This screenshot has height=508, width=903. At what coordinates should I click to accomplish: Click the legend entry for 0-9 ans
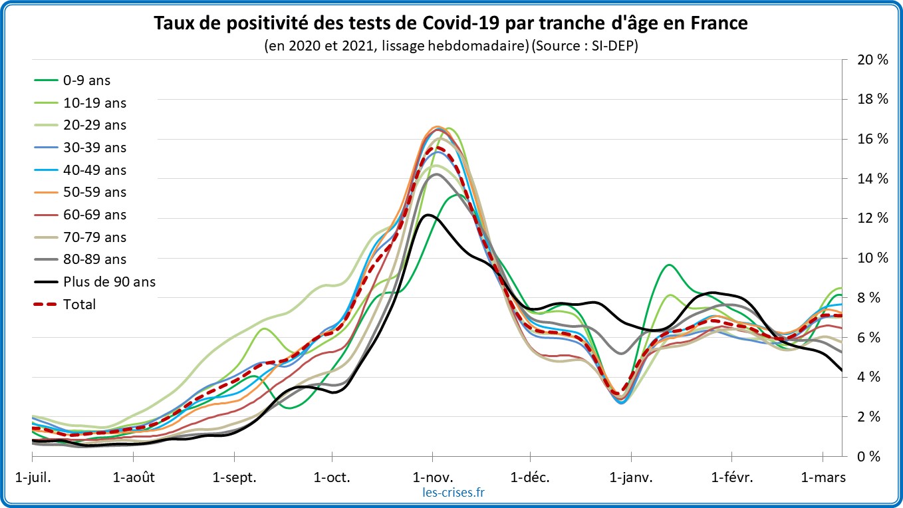click(87, 80)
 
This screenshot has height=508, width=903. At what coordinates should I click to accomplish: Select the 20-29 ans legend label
click(95, 125)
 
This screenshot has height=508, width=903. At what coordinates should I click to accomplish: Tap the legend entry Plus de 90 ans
click(109, 282)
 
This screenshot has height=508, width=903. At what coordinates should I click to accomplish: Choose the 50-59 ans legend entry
click(95, 192)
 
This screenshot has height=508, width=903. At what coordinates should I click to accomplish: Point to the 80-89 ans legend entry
click(95, 259)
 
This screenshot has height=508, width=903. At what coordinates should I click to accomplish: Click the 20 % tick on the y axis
click(872, 60)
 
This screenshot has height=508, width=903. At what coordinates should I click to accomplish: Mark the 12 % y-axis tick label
click(872, 218)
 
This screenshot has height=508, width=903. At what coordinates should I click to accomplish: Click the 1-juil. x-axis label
click(33, 477)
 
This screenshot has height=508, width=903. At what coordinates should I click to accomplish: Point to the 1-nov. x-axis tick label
click(433, 477)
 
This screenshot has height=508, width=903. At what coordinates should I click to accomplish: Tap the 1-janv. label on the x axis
click(632, 477)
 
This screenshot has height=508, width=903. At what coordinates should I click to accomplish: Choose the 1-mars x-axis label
click(823, 477)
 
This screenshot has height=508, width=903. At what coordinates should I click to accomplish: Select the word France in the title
click(720, 23)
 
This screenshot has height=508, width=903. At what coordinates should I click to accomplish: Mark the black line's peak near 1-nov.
click(428, 215)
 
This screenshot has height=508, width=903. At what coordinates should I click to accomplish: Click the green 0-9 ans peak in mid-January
click(668, 265)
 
